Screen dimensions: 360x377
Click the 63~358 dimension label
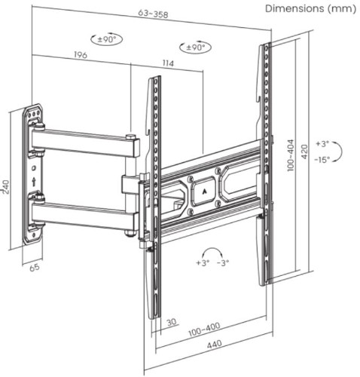pyautogui.click(x=153, y=14)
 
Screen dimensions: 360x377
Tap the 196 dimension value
pyautogui.click(x=81, y=54)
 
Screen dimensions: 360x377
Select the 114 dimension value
pyautogui.click(x=168, y=63)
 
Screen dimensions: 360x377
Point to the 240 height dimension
pyautogui.click(x=5, y=187)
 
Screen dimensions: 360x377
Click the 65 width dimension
pyautogui.click(x=35, y=267)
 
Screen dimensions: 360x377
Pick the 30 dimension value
pyautogui.click(x=172, y=322)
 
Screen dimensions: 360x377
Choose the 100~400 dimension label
pyautogui.click(x=204, y=329)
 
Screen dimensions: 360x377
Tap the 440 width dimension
pyautogui.click(x=215, y=344)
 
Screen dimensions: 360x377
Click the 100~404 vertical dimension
pyautogui.click(x=291, y=155)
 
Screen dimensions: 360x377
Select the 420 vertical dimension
pyautogui.click(x=304, y=152)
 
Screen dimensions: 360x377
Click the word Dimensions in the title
pyautogui.click(x=294, y=8)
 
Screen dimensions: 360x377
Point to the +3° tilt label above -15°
pyautogui.click(x=322, y=144)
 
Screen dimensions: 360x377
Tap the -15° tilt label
pyautogui.click(x=322, y=159)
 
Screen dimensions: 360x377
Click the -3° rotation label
pyautogui.click(x=223, y=263)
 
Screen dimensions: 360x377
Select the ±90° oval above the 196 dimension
pyautogui.click(x=106, y=39)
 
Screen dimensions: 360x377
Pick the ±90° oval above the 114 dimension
pyautogui.click(x=195, y=47)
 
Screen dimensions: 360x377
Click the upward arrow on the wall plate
pyautogui.click(x=34, y=182)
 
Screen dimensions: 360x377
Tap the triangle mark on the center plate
pyautogui.click(x=204, y=192)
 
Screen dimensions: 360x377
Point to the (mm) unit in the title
pyautogui.click(x=342, y=8)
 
